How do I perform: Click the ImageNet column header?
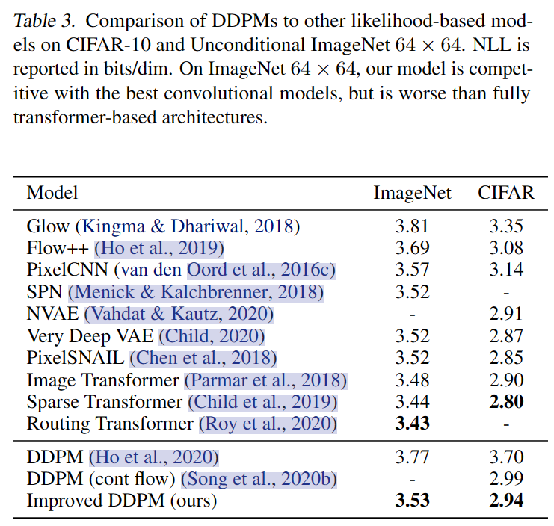[x=412, y=194]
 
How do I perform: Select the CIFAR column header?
[x=506, y=193]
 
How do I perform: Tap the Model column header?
[x=52, y=193]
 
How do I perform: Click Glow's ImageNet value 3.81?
[x=412, y=226]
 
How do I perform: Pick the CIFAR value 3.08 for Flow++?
[x=506, y=248]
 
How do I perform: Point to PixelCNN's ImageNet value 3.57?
[x=412, y=270]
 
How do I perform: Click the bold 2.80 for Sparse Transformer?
[x=506, y=402]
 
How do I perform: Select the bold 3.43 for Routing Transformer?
[x=412, y=424]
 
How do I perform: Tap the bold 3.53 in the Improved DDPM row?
[x=412, y=501]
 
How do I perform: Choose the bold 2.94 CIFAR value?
[x=506, y=501]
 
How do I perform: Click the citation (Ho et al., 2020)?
[x=154, y=457]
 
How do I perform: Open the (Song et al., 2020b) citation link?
[x=259, y=479]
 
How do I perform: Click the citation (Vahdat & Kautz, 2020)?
[x=179, y=315]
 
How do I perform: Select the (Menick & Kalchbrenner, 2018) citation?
[x=196, y=292]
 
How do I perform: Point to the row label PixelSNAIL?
[x=76, y=358]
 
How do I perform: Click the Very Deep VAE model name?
[x=90, y=336]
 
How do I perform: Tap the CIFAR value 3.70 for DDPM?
[x=506, y=457]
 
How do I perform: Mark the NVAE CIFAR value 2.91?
[x=506, y=314]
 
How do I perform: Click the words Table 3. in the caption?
[x=44, y=21]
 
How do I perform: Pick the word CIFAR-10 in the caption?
[x=108, y=45]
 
